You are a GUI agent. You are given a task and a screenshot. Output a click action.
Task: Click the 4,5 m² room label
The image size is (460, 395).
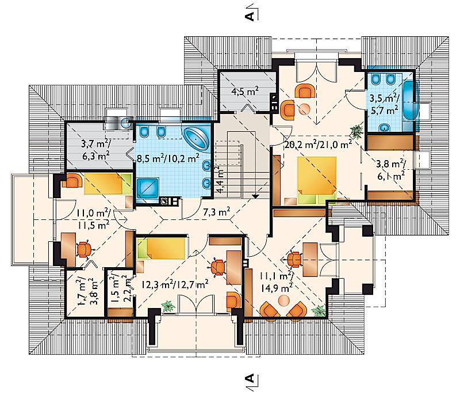[245, 92]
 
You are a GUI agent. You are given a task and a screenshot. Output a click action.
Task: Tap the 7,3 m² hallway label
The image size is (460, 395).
[217, 211]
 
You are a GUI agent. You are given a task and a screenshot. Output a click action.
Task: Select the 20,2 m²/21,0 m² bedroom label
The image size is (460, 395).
[319, 145]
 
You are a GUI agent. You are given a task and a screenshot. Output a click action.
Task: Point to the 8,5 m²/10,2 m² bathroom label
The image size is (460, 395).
[168, 158]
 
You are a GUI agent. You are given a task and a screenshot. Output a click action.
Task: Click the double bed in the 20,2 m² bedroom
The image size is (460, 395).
[317, 180]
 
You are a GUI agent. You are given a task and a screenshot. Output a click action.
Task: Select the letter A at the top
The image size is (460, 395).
[250, 16]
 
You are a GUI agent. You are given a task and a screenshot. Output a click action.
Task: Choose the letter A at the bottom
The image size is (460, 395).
[250, 378]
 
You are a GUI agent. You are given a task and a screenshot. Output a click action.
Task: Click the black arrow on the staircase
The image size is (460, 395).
[256, 196]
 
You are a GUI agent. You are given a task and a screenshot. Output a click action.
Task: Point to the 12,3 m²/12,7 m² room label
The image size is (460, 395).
[175, 284]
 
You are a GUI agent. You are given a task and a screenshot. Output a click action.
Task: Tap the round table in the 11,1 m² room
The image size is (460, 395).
[283, 300]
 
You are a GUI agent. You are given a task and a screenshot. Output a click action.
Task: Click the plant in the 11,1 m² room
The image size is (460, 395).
[319, 310]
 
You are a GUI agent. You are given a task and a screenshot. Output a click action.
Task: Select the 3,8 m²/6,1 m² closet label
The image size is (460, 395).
[391, 170]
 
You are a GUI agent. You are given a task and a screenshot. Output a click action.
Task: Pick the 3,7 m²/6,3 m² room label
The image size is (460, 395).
[95, 150]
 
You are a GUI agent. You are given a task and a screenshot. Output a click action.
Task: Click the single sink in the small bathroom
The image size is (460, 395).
[384, 127]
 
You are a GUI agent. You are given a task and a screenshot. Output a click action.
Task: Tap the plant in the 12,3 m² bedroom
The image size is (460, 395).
[168, 306]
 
